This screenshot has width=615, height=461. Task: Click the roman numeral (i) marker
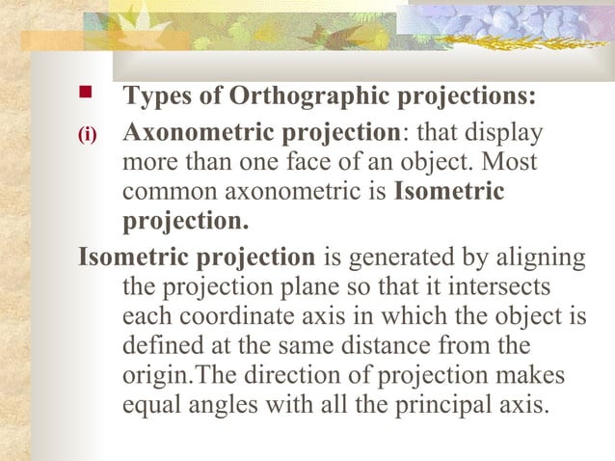click(x=88, y=135)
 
